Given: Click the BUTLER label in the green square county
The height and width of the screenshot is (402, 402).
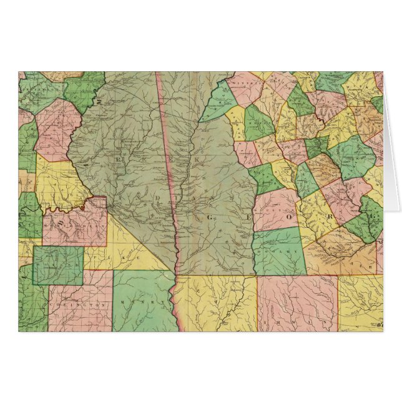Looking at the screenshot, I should tap(58, 265).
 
